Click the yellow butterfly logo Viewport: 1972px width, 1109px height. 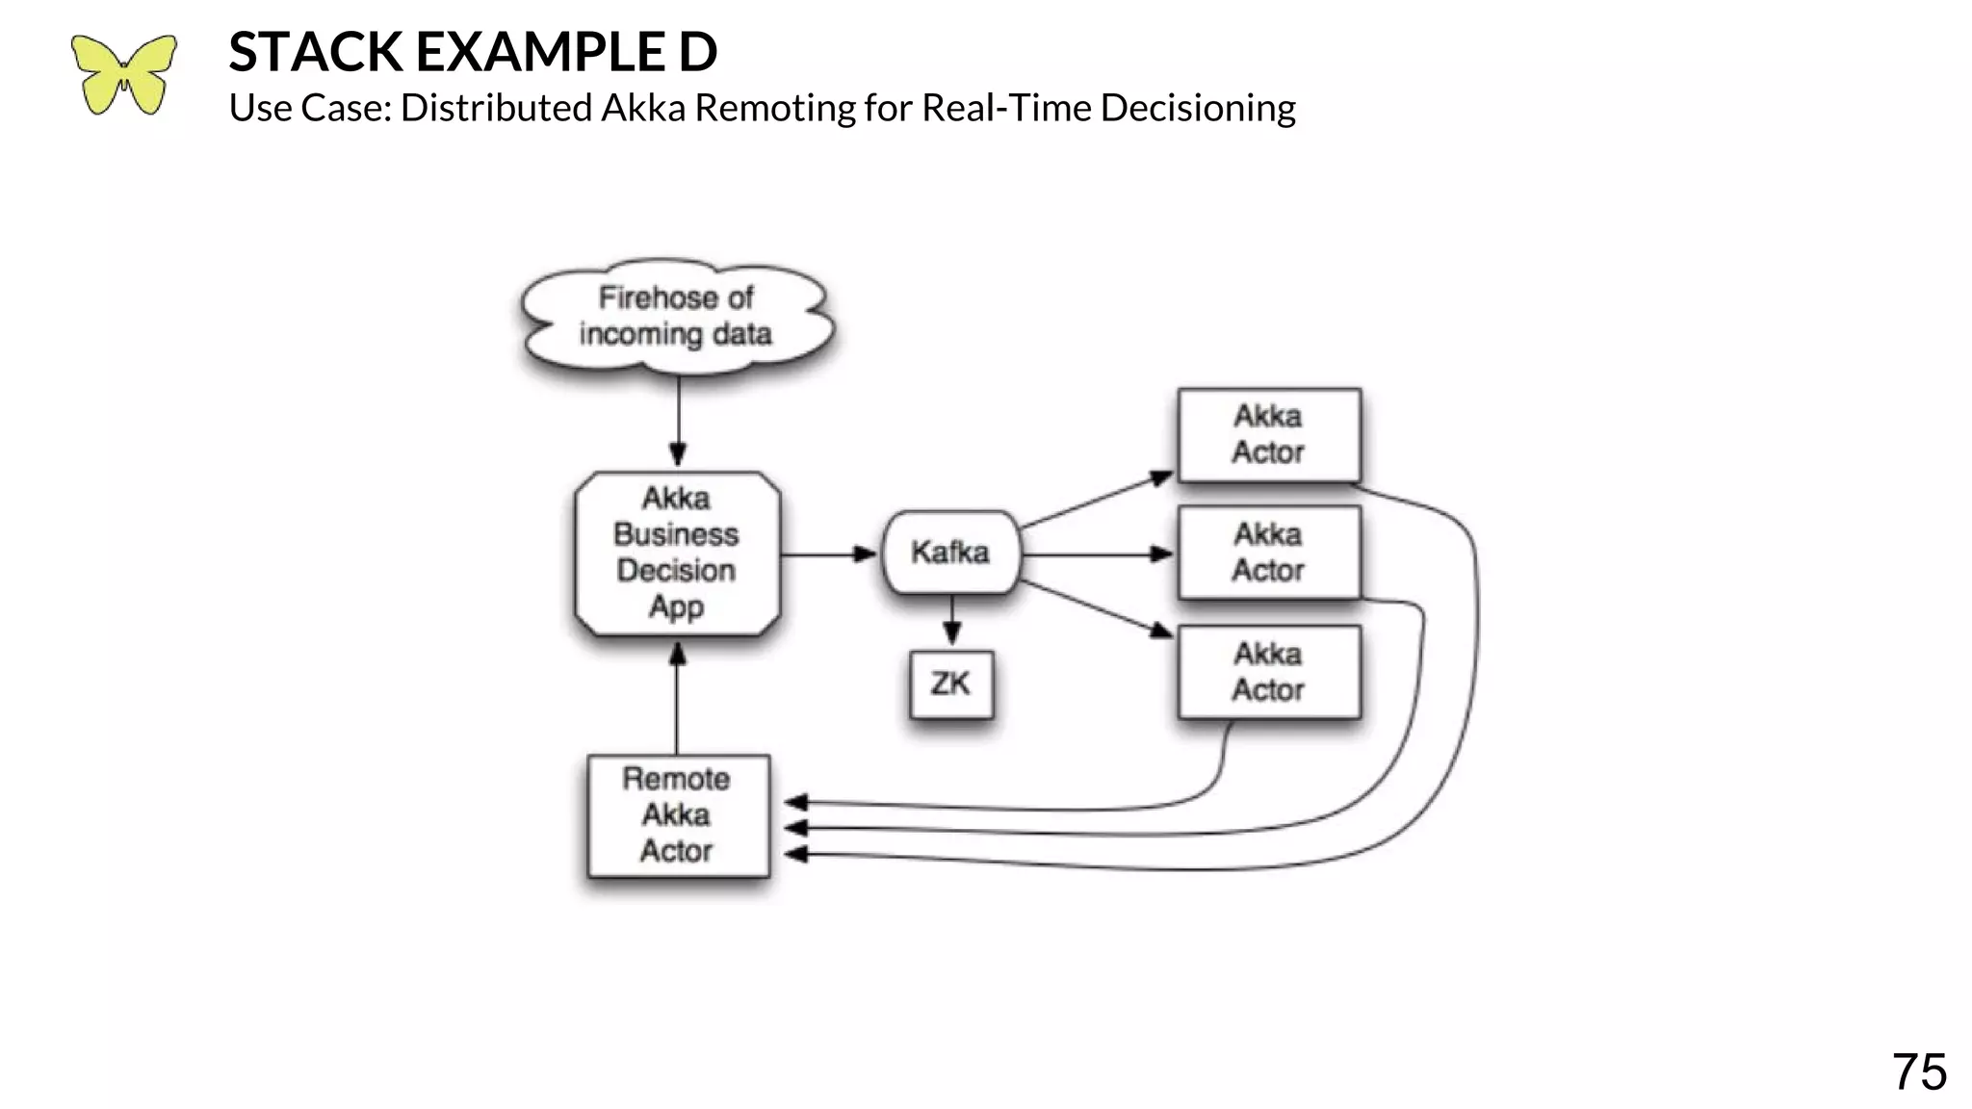click(x=123, y=75)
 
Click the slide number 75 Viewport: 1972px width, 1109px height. click(x=1918, y=1071)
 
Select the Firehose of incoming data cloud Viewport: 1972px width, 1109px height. click(x=676, y=316)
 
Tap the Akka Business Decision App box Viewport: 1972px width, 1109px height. click(x=676, y=553)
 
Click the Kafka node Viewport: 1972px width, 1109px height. click(x=950, y=553)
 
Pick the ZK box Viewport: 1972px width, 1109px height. click(x=950, y=683)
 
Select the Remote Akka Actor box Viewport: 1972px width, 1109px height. click(x=677, y=814)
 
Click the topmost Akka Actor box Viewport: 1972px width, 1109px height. click(x=1268, y=434)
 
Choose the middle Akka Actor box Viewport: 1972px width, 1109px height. click(x=1268, y=553)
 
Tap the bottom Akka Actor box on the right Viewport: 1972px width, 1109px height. click(x=1268, y=672)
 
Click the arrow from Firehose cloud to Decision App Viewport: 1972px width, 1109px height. click(x=678, y=419)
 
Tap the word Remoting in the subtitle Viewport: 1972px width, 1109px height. click(x=775, y=108)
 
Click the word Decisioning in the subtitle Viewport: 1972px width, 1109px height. click(x=1197, y=108)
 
